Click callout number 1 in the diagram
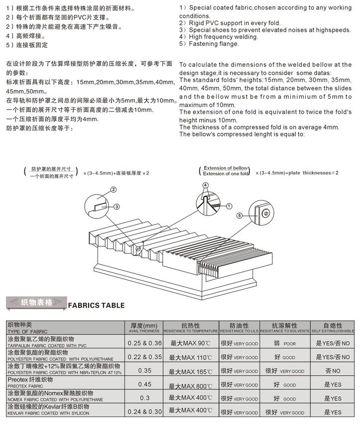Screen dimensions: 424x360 coord(229,205)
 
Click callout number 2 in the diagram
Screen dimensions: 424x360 coord(114,190)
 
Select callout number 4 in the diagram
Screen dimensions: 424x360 coord(205,185)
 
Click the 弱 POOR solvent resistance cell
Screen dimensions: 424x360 coord(284,343)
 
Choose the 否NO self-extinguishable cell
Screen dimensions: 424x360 coord(332,371)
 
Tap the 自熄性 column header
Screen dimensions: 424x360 coord(333,325)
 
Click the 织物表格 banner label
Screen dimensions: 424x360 coord(36,303)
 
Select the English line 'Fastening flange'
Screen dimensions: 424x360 coord(209,43)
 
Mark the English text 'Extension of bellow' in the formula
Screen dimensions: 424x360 coord(225,168)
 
